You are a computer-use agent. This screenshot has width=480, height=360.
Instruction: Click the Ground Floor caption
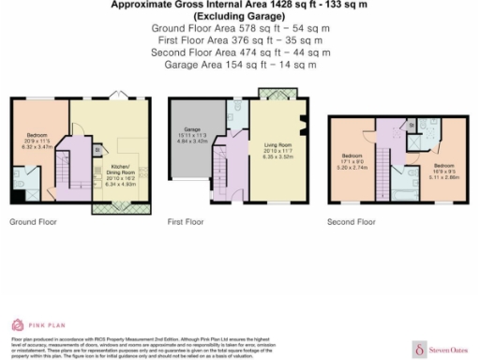coord(33,223)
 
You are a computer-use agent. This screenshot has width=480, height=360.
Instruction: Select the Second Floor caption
coord(352,223)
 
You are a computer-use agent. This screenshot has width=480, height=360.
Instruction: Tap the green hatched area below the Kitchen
coord(113,209)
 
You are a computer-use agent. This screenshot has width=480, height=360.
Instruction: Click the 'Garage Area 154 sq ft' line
coord(240,65)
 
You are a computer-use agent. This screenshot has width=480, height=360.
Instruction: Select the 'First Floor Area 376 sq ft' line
coord(240,40)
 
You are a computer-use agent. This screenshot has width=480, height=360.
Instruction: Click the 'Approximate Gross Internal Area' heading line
coord(240,5)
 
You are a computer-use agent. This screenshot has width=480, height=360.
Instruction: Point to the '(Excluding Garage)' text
coord(240,17)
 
